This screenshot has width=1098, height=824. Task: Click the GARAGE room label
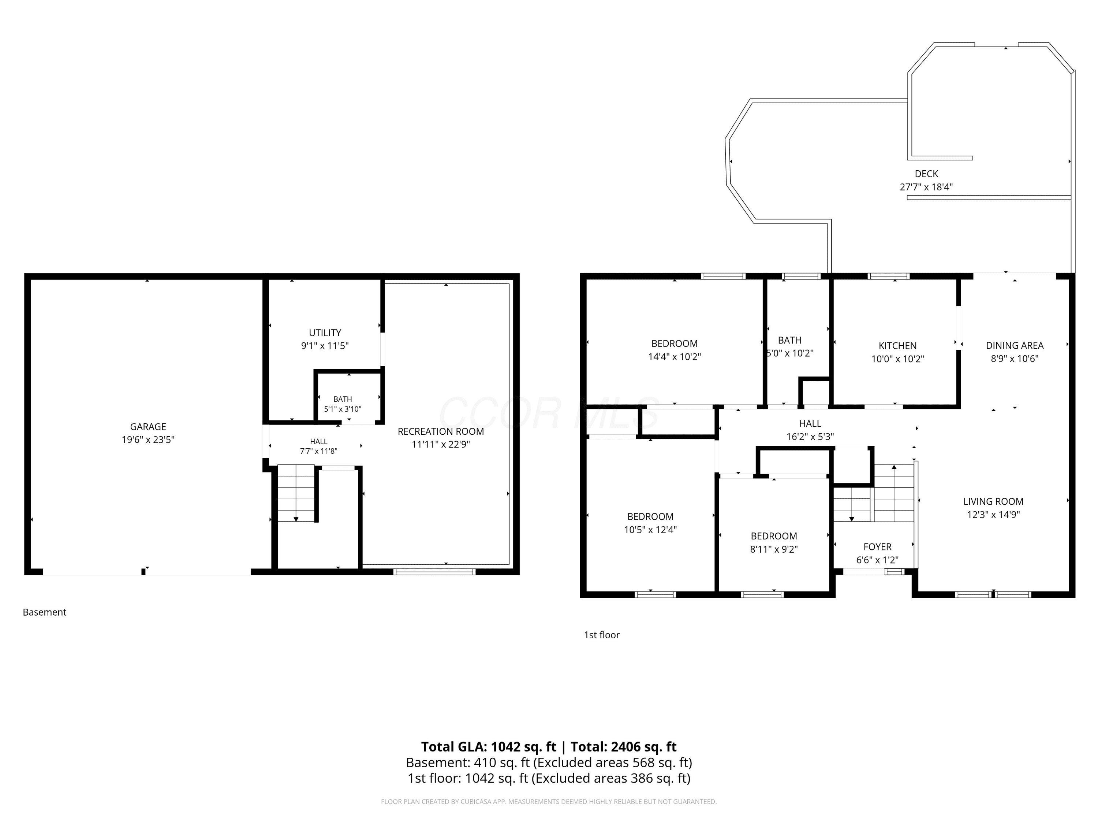(x=148, y=427)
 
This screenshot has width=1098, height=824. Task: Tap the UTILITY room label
(x=325, y=333)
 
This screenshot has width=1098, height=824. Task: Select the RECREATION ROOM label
(x=441, y=432)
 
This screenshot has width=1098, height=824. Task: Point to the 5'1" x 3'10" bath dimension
(x=343, y=409)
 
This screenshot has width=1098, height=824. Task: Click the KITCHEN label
(x=897, y=346)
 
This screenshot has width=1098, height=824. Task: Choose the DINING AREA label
(x=1015, y=345)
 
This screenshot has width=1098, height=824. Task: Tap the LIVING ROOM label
(x=993, y=502)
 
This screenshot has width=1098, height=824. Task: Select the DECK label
(x=926, y=174)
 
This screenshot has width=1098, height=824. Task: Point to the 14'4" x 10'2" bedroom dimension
(x=675, y=357)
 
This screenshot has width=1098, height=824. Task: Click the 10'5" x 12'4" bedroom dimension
(x=650, y=530)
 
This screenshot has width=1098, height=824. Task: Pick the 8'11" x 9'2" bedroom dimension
(x=774, y=549)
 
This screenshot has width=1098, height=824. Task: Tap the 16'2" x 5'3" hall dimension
(x=810, y=437)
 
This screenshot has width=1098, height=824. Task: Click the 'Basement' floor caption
(x=45, y=612)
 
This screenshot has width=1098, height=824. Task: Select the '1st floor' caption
(x=602, y=635)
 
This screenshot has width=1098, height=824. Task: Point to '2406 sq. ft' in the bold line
(x=644, y=747)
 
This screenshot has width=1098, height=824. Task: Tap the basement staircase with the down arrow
(x=296, y=493)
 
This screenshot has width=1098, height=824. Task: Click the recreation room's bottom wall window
(x=434, y=572)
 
